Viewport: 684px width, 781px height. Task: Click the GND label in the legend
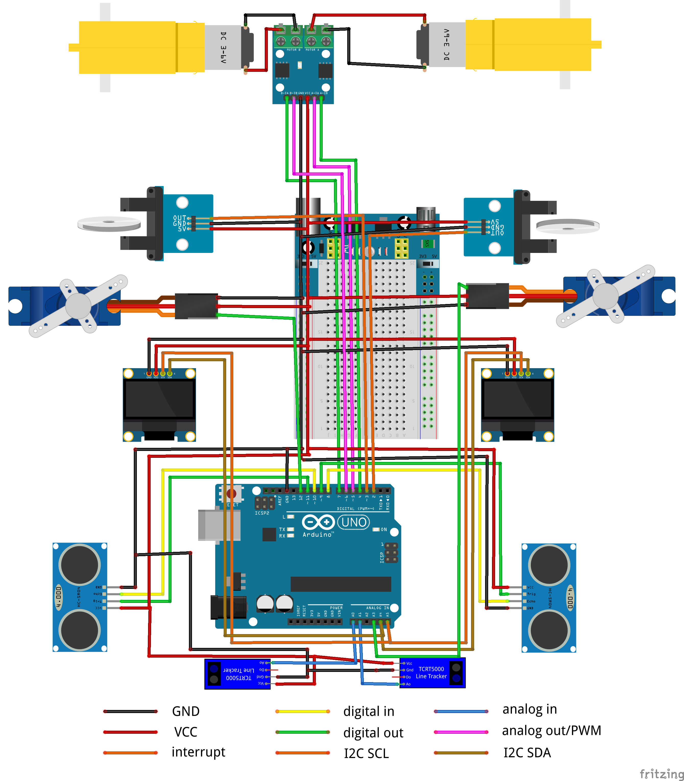pyautogui.click(x=186, y=711)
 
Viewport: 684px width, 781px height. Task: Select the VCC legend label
pyautogui.click(x=186, y=732)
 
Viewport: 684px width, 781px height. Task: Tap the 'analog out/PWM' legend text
pyautogui.click(x=551, y=730)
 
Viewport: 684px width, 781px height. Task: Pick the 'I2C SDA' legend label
pyautogui.click(x=527, y=752)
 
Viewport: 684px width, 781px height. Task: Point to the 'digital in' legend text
pyautogui.click(x=369, y=711)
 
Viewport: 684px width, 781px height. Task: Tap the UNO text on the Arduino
pyautogui.click(x=354, y=522)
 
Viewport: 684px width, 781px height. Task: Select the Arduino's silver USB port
pyautogui.click(x=219, y=525)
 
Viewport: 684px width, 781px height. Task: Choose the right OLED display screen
pyautogui.click(x=517, y=399)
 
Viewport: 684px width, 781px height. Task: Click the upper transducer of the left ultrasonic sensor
pyautogui.click(x=80, y=564)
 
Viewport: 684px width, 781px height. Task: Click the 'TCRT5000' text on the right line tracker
pyautogui.click(x=431, y=669)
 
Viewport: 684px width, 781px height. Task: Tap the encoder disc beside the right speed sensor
pyautogui.click(x=568, y=226)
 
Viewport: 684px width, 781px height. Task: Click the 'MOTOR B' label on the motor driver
pyautogui.click(x=294, y=50)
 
